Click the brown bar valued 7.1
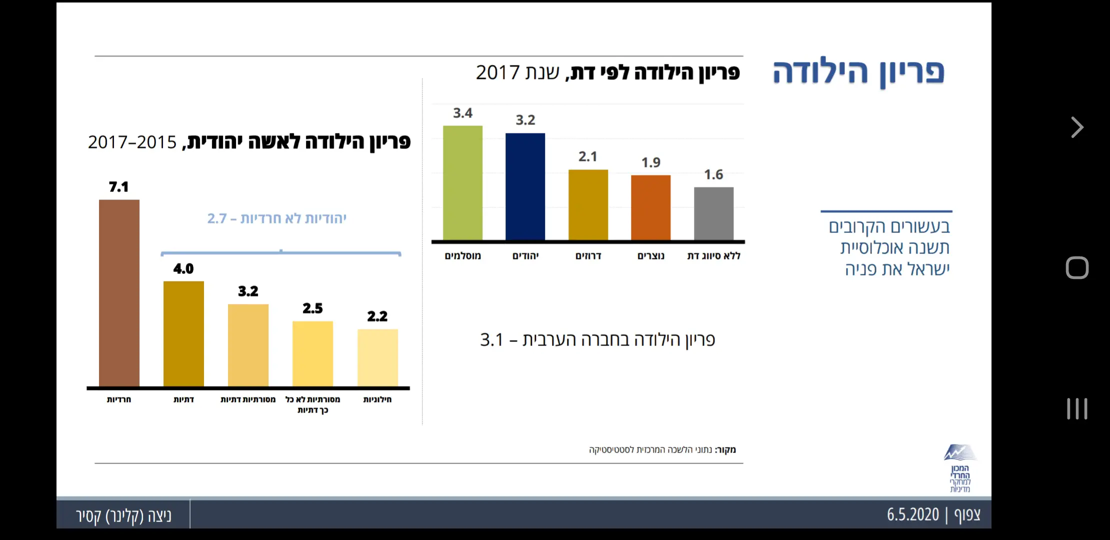click(x=119, y=292)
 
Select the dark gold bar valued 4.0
click(x=183, y=333)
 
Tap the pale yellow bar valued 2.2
click(x=377, y=357)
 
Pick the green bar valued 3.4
click(x=462, y=182)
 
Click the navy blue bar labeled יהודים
click(x=525, y=186)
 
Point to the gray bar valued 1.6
click(x=713, y=213)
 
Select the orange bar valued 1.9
click(x=650, y=207)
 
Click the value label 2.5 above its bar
click(x=312, y=308)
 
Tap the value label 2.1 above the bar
click(x=588, y=157)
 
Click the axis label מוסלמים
click(x=462, y=256)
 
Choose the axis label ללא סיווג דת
click(x=713, y=256)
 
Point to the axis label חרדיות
click(x=119, y=399)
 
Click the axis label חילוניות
click(x=377, y=399)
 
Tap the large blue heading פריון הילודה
click(x=858, y=72)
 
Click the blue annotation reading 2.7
click(x=217, y=218)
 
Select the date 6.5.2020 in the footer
click(x=913, y=514)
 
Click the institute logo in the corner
click(x=960, y=467)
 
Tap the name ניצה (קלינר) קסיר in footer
click(x=124, y=515)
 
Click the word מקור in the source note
click(x=726, y=449)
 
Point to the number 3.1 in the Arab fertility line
click(x=491, y=340)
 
